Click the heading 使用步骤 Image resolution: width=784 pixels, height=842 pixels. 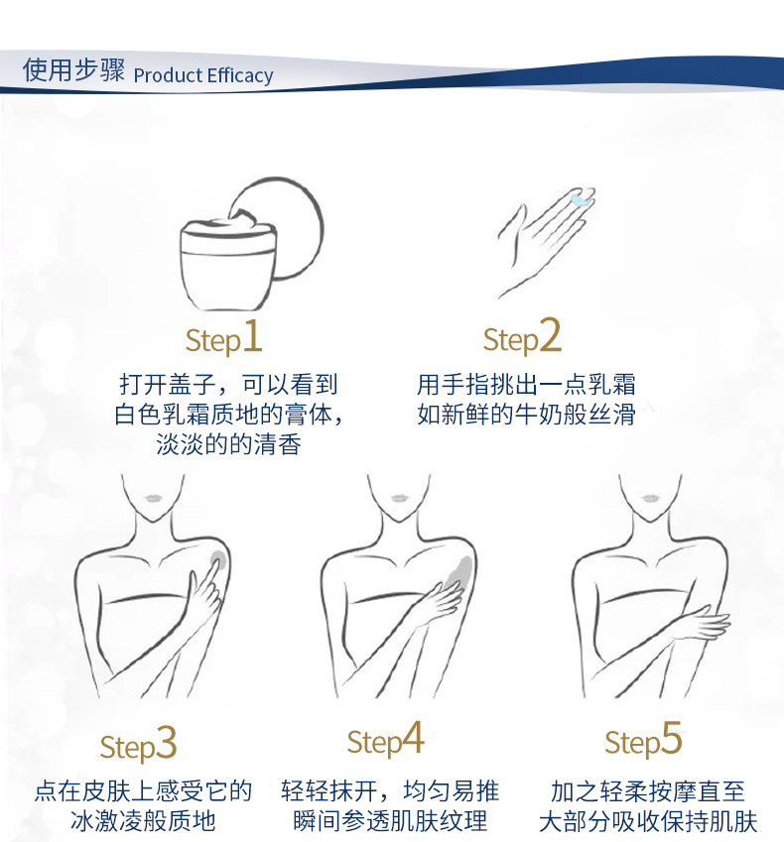(x=73, y=69)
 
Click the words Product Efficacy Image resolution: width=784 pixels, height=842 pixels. (x=203, y=75)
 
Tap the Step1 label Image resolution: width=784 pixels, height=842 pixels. (x=223, y=337)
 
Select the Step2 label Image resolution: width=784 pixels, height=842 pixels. (x=522, y=336)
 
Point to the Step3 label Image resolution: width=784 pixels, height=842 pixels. (x=138, y=744)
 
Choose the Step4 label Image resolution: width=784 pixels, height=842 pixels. (x=385, y=740)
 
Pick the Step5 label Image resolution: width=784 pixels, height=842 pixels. (x=643, y=740)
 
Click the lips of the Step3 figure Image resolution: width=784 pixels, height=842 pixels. (x=153, y=498)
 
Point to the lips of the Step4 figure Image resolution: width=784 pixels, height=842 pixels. (x=398, y=498)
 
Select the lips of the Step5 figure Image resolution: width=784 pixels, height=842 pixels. (x=650, y=498)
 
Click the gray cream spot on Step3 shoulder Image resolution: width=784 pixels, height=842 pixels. (x=217, y=562)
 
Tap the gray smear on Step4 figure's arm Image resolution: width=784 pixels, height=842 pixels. (x=461, y=572)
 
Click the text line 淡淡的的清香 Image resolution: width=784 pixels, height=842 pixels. (x=228, y=444)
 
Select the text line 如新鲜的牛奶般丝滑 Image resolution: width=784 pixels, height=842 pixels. (x=527, y=414)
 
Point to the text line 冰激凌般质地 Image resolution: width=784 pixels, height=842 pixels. (x=143, y=821)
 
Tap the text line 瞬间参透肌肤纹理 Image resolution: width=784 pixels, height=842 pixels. (x=390, y=821)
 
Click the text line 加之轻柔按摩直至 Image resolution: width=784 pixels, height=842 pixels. (x=648, y=791)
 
